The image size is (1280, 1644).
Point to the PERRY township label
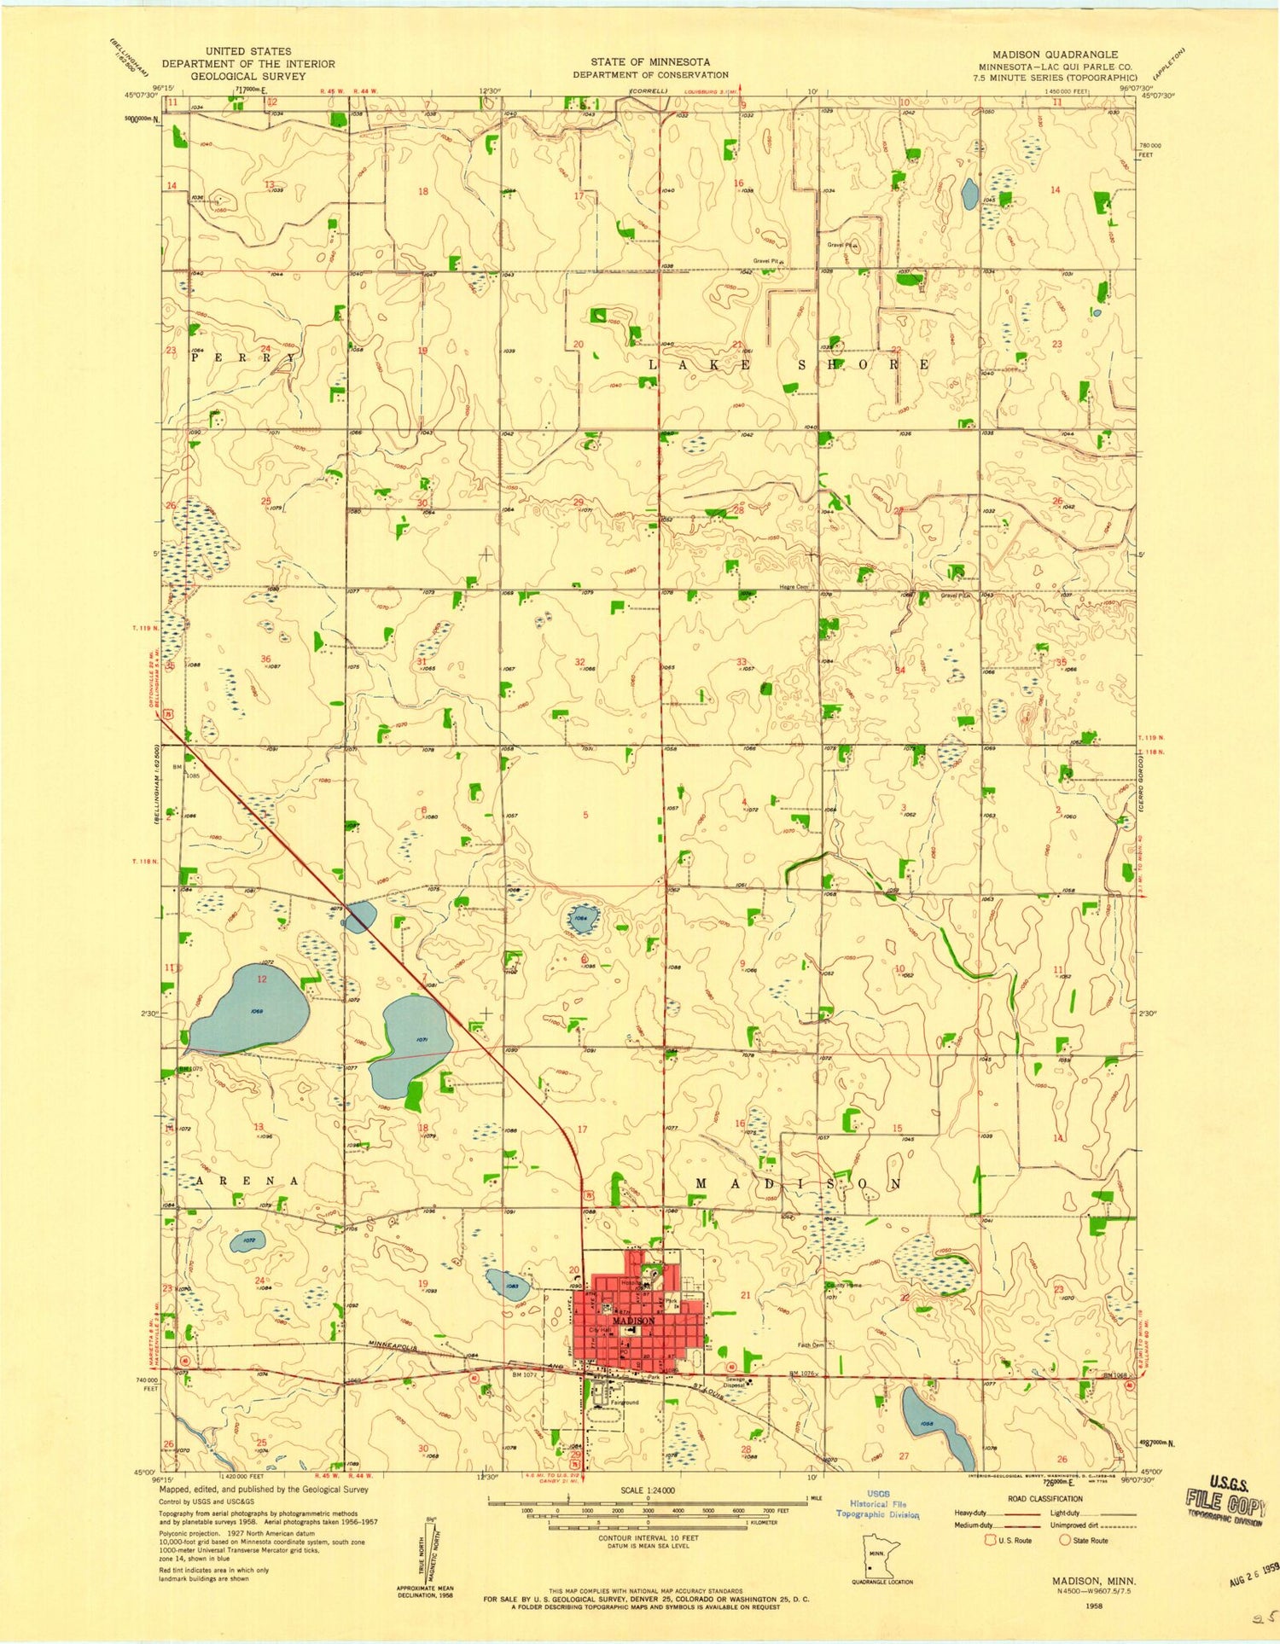247,359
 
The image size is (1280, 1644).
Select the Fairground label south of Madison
624,1403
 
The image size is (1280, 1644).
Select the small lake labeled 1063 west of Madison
509,1285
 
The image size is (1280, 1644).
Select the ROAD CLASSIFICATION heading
1044,1498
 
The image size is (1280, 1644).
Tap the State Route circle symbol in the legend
1065,1540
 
